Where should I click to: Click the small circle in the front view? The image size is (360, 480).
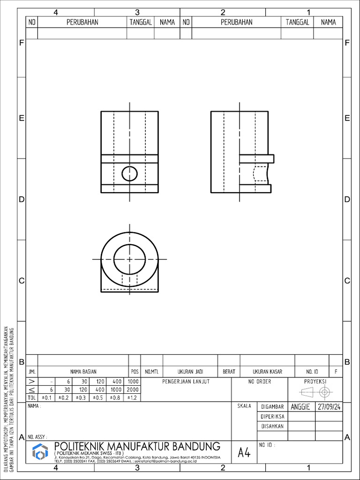click(x=130, y=173)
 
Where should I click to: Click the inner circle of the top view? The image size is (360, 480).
click(x=130, y=259)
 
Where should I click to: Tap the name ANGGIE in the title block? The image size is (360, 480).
click(x=300, y=407)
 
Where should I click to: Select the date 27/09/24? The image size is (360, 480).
click(x=329, y=407)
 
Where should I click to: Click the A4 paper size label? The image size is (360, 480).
click(x=244, y=452)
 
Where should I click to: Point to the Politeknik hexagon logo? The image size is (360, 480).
click(x=40, y=452)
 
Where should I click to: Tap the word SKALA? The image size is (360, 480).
click(x=244, y=406)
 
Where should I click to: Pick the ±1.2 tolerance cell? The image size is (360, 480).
click(x=132, y=397)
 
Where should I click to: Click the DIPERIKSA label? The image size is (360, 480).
click(x=272, y=416)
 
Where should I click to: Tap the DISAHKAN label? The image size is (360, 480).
click(x=272, y=427)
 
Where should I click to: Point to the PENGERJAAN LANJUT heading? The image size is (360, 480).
click(x=186, y=382)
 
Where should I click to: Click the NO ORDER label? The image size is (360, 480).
click(x=260, y=382)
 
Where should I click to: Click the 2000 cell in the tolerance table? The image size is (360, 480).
click(x=132, y=390)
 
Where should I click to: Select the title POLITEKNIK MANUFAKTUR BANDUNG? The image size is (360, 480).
click(x=137, y=446)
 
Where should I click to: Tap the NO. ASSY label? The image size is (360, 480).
click(x=37, y=436)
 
